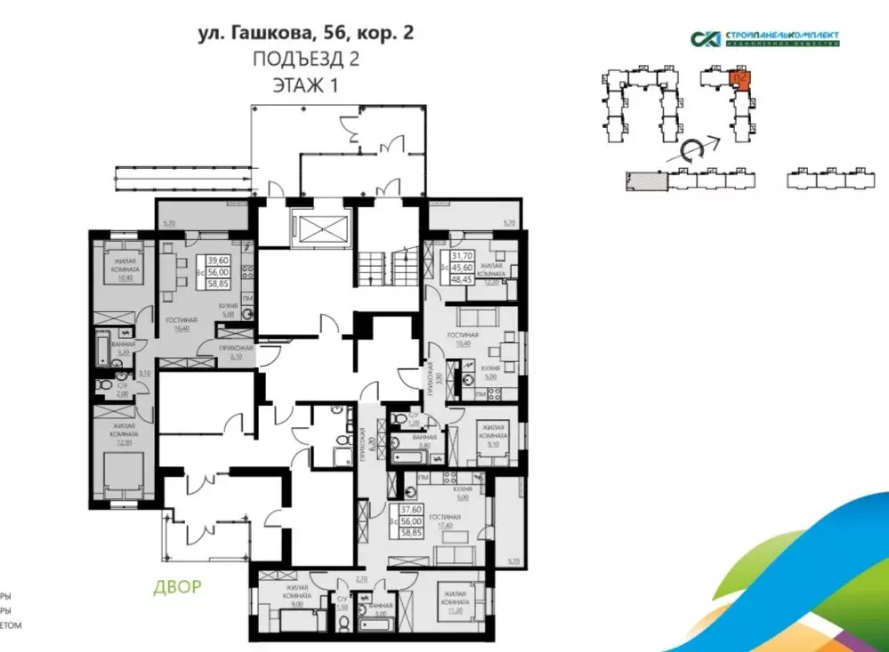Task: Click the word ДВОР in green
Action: point(176,586)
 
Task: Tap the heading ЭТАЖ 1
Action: point(305,85)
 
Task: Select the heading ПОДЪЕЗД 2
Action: point(305,60)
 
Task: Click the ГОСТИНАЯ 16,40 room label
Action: point(181,322)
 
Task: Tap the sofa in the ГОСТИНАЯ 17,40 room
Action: point(451,555)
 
